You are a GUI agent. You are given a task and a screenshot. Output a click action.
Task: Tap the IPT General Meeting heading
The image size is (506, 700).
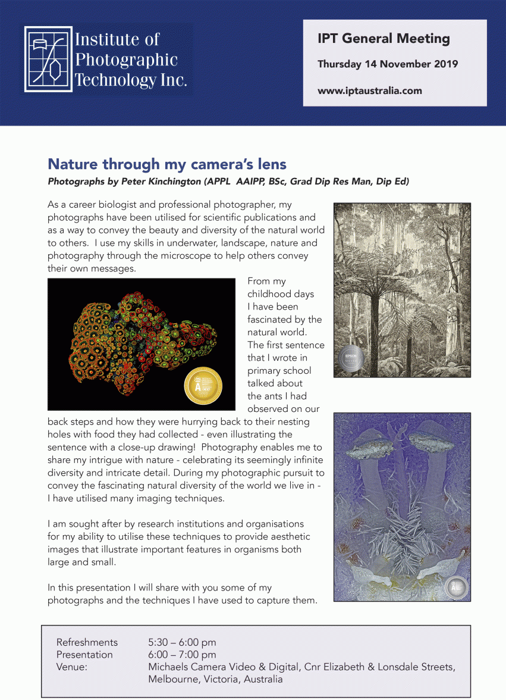pos(384,39)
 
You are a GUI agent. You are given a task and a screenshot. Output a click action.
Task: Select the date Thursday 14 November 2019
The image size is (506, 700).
pos(388,64)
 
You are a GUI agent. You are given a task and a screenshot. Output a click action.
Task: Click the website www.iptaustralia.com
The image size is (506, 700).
pos(370,91)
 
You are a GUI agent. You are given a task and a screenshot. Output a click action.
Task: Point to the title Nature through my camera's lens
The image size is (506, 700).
pos(167,164)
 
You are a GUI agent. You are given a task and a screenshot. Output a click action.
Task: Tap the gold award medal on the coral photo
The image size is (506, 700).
pos(203,385)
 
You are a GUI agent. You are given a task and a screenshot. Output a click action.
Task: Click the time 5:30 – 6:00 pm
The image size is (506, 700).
pos(182,642)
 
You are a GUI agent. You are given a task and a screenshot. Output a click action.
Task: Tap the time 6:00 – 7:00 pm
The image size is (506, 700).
pos(182,655)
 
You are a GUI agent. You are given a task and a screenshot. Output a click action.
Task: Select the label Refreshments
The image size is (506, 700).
pos(87,642)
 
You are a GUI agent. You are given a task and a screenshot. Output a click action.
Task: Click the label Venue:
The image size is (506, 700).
pos(71,667)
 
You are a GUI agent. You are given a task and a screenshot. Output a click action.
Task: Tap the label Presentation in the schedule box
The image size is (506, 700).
pos(84,655)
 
